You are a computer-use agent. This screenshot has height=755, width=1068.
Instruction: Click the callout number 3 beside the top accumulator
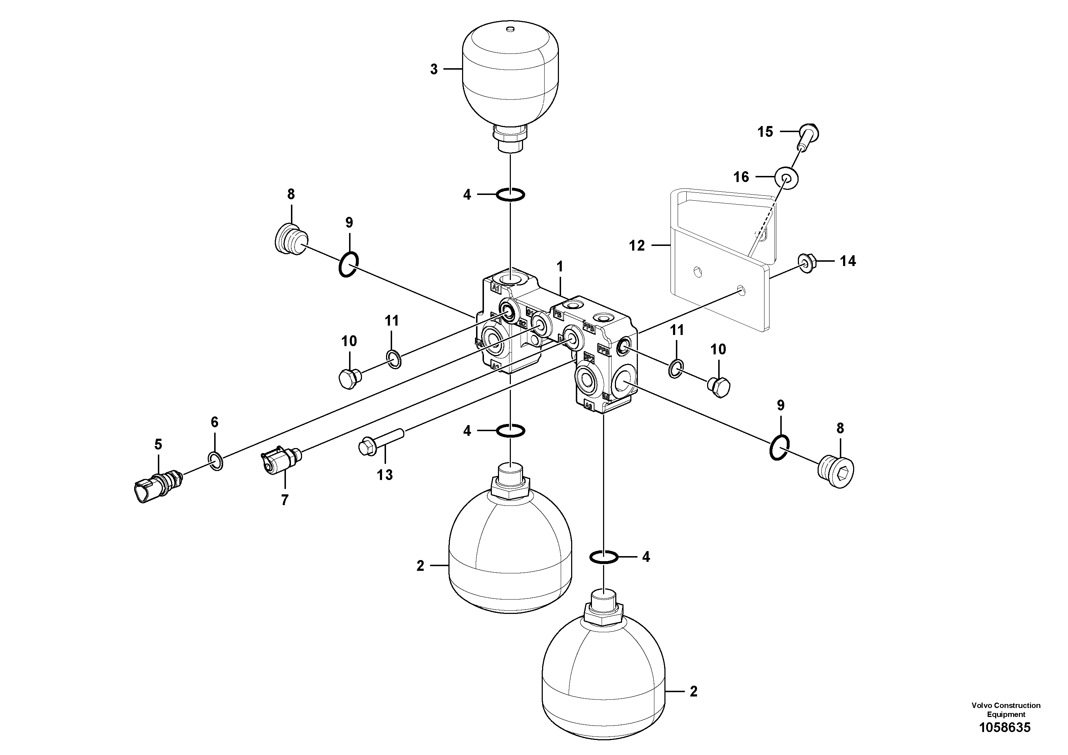click(433, 69)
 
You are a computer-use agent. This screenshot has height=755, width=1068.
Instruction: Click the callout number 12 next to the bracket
click(637, 245)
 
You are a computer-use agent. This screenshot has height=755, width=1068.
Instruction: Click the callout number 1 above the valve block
click(560, 267)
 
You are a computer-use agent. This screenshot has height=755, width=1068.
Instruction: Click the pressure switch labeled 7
click(281, 459)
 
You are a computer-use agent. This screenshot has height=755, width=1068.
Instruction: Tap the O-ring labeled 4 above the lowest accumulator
click(604, 557)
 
